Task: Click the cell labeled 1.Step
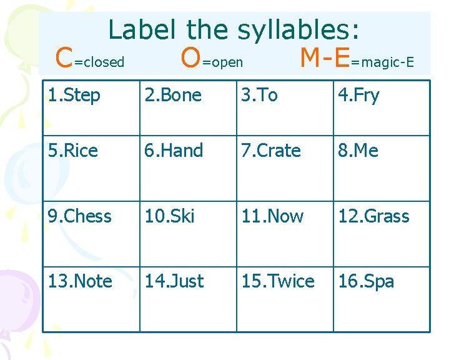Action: (x=74, y=96)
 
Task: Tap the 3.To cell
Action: (x=260, y=96)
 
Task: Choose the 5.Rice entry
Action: (x=73, y=151)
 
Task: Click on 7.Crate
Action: (x=271, y=151)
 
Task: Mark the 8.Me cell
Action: (x=358, y=151)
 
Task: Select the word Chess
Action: (x=87, y=216)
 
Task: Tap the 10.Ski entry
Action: (x=170, y=216)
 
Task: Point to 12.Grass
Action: (x=373, y=216)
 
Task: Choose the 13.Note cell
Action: (x=80, y=281)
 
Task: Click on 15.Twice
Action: (x=278, y=281)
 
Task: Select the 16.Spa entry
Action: (x=366, y=281)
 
